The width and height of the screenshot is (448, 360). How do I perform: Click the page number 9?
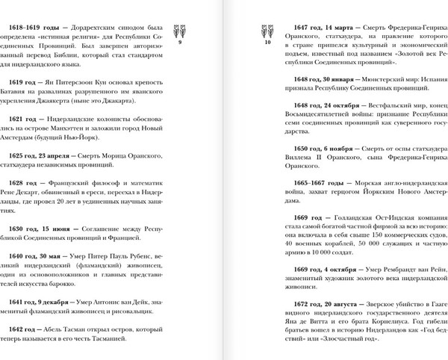[x=181, y=43]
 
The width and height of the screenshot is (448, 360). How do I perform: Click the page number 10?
[x=267, y=43]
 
